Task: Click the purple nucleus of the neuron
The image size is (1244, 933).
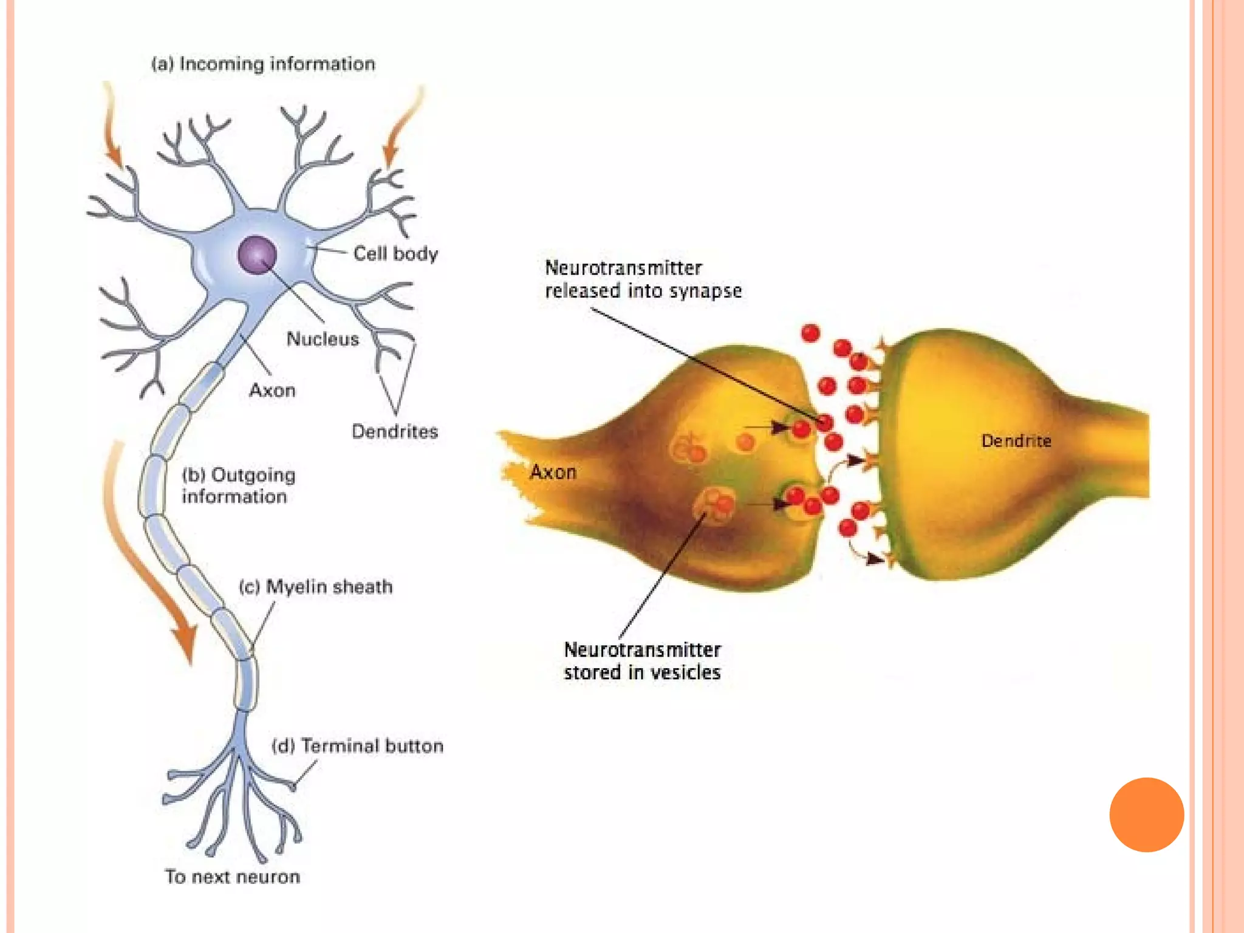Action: tap(258, 255)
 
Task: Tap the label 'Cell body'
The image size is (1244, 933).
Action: tap(395, 254)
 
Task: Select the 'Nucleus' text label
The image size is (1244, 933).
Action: tap(323, 339)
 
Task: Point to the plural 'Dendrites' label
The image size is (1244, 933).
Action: tap(395, 432)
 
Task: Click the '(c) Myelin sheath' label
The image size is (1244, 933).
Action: tap(316, 587)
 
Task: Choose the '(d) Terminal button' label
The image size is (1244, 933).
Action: tap(357, 746)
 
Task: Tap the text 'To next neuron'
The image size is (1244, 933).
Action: tap(233, 877)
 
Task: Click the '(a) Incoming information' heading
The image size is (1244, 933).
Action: tap(263, 64)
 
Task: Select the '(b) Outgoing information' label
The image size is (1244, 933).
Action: tap(238, 486)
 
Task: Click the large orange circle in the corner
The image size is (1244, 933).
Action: tap(1146, 815)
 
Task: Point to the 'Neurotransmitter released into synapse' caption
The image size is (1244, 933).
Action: tap(643, 279)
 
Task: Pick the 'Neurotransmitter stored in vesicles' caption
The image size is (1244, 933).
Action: tap(642, 661)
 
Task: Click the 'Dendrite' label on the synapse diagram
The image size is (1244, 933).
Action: tap(1016, 441)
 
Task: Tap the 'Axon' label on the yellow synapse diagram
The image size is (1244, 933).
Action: tap(553, 472)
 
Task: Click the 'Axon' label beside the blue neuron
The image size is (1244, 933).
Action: tap(272, 390)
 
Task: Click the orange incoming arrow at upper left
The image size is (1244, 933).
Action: tap(112, 128)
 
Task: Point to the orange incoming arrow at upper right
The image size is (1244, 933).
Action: tap(402, 128)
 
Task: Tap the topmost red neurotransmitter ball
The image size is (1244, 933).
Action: tap(810, 333)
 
